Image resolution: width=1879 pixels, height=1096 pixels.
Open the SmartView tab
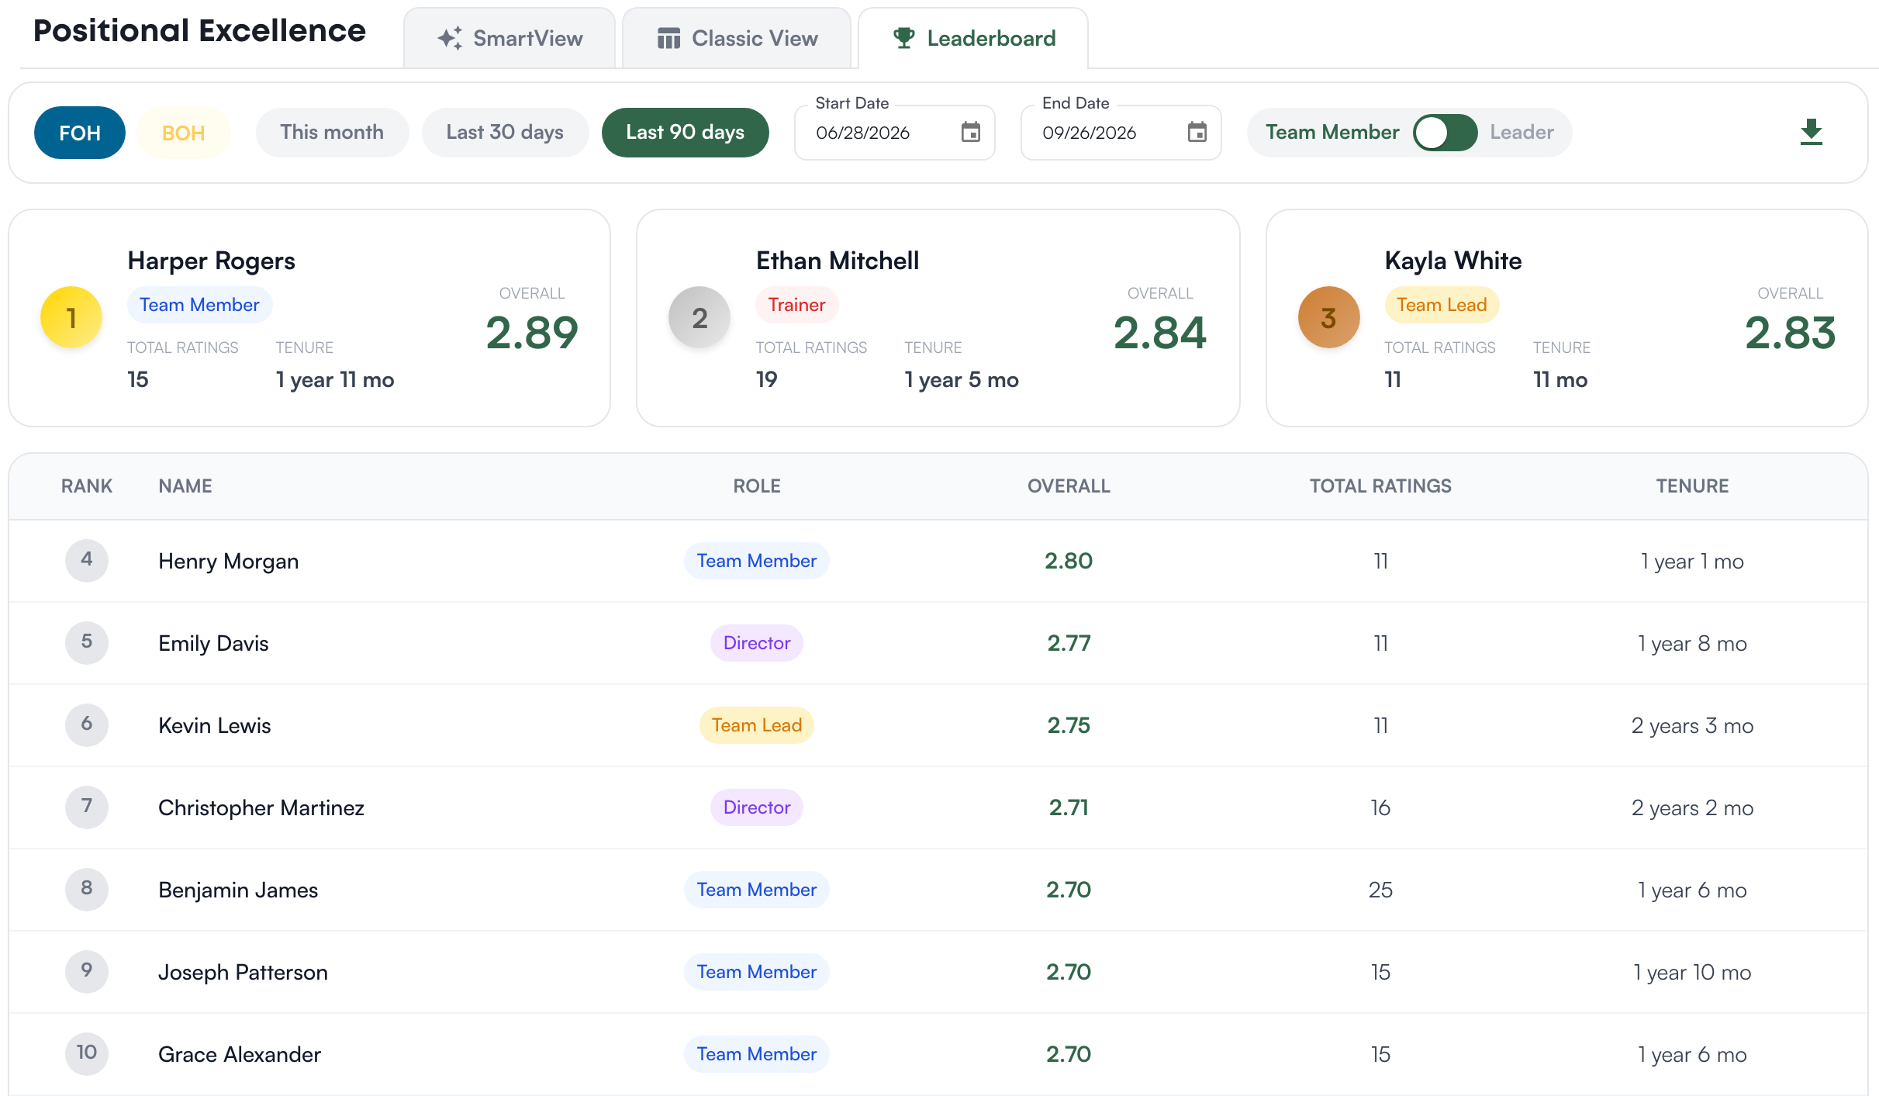tap(509, 38)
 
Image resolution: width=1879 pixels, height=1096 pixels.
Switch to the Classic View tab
tap(737, 38)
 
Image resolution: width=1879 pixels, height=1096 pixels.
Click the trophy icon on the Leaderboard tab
tap(903, 38)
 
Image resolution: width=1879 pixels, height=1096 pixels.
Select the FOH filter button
tap(80, 133)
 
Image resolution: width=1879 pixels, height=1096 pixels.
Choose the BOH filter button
tap(184, 133)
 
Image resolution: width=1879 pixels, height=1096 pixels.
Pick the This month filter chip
tap(332, 133)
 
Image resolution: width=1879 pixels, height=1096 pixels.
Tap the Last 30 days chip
tap(505, 133)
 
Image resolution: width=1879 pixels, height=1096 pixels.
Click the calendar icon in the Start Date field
tap(970, 133)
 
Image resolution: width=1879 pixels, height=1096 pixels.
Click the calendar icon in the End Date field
tap(1197, 133)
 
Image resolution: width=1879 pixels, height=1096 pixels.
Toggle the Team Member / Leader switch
tap(1445, 133)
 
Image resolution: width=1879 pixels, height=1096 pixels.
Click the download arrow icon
tap(1811, 133)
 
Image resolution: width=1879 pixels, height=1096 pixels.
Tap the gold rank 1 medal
tap(71, 317)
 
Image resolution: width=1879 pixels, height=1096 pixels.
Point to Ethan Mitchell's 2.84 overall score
tap(1159, 333)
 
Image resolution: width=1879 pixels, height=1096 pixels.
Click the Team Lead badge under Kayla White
tap(1442, 305)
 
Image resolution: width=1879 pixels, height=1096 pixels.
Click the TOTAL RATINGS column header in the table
tap(1380, 486)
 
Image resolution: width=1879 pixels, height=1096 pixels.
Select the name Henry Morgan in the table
tap(228, 561)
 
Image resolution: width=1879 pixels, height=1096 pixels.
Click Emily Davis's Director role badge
tap(757, 643)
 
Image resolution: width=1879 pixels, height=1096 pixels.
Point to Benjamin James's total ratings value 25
tap(1380, 890)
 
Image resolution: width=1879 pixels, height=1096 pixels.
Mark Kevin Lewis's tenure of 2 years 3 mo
tap(1692, 725)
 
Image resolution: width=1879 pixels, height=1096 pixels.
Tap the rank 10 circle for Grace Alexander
tap(87, 1053)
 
